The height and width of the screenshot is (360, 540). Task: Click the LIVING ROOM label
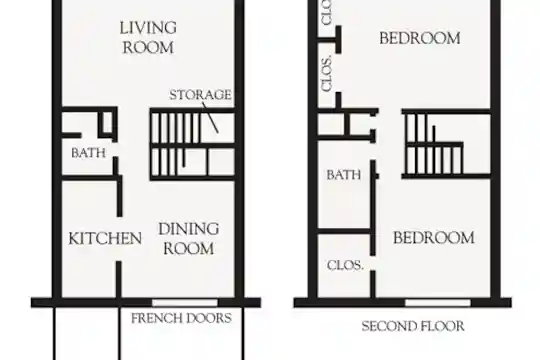click(148, 38)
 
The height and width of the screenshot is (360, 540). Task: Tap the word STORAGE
click(200, 95)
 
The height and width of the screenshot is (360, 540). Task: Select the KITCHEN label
click(105, 238)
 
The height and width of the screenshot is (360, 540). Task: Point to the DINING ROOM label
click(189, 239)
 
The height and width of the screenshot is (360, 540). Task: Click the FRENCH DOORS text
click(181, 318)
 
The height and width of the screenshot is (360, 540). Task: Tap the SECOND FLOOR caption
click(413, 326)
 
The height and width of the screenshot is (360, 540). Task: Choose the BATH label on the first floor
click(89, 153)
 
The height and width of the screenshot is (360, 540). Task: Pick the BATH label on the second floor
click(344, 175)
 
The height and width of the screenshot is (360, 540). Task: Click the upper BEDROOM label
click(420, 38)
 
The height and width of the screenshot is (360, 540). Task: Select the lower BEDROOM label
click(434, 238)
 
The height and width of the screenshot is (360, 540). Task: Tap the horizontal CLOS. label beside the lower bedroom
click(345, 265)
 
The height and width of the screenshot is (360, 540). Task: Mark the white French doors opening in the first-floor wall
click(185, 303)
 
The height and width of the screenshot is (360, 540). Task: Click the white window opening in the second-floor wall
click(438, 303)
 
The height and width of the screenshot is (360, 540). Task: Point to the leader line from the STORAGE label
click(210, 117)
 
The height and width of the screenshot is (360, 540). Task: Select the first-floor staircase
click(193, 144)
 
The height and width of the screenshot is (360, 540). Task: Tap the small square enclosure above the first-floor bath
click(107, 123)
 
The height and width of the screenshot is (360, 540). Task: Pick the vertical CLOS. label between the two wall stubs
click(326, 73)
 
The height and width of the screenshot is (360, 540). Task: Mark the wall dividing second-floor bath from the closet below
click(344, 231)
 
